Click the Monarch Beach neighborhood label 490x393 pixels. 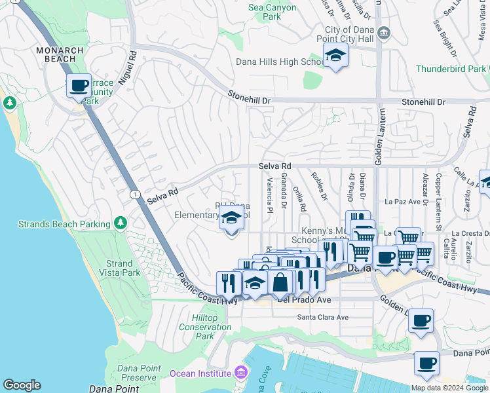(x=60, y=54)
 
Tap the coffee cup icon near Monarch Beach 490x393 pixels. (x=79, y=86)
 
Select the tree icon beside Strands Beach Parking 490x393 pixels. (x=121, y=224)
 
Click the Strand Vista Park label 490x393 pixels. (x=119, y=268)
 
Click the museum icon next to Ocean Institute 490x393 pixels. (x=242, y=373)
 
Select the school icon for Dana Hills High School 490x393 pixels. (x=335, y=57)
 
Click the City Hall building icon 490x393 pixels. (x=384, y=32)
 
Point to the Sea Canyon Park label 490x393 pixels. (x=273, y=12)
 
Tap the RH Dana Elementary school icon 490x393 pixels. (x=231, y=219)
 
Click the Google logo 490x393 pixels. (x=22, y=385)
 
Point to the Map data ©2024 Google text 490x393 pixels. (x=449, y=388)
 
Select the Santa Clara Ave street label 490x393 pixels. (x=323, y=317)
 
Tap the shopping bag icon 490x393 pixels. (x=280, y=282)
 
